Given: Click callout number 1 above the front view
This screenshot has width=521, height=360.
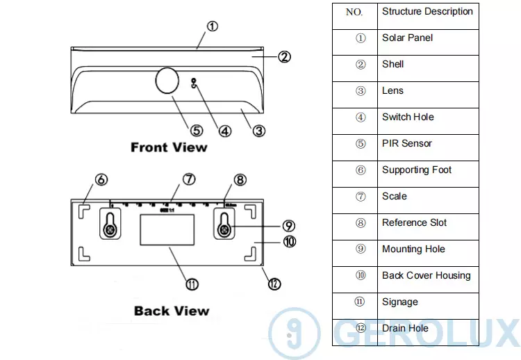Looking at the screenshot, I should click(213, 26).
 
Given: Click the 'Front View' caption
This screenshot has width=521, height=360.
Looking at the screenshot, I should click(169, 147).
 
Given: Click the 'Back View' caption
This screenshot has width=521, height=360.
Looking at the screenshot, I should click(172, 311).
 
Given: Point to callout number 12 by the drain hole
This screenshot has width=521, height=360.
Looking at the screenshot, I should click(274, 284).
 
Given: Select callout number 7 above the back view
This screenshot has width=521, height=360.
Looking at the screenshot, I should click(189, 179).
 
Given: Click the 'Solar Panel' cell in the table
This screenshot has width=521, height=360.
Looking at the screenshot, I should click(428, 38).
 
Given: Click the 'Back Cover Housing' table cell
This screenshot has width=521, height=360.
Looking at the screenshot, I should click(428, 276).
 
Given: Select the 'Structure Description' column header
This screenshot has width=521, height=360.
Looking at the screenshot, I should click(428, 12).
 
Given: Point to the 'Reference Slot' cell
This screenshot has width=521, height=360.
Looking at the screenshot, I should click(428, 223).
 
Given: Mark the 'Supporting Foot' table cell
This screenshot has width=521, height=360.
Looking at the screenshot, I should click(428, 170).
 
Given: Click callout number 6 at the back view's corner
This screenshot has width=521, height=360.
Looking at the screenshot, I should click(101, 179).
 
